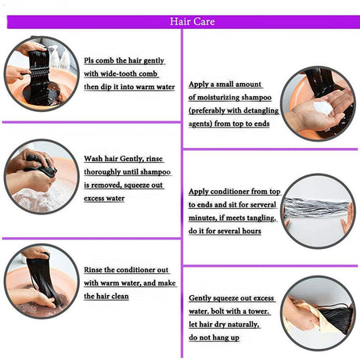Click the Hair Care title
click(193, 21)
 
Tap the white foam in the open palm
click(322, 107)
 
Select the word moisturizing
click(218, 97)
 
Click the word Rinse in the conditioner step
click(93, 270)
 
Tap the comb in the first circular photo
click(37, 72)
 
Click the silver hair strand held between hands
click(318, 208)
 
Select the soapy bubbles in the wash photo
click(39, 198)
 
